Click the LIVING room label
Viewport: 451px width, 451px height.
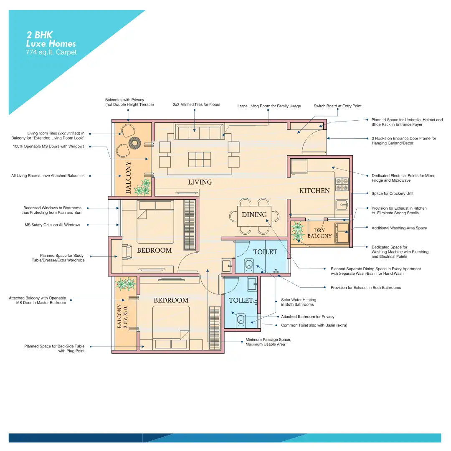pos(200,182)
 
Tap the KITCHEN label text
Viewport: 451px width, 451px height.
pos(314,191)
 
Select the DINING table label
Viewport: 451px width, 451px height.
pos(254,215)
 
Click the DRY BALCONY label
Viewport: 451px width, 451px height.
pos(319,233)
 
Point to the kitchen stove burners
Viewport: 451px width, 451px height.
pos(342,185)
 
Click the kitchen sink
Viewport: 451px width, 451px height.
pos(342,205)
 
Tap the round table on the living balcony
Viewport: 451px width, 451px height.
pos(134,143)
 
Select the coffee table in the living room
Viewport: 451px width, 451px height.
pos(199,160)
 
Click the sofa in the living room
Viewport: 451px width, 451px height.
pos(199,132)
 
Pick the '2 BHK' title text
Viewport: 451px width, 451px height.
pos(39,35)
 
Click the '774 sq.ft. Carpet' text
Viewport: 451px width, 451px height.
pos(51,52)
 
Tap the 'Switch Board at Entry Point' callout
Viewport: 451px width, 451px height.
pos(337,106)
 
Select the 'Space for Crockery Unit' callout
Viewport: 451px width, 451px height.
pos(392,194)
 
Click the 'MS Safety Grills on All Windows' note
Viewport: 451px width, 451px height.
pos(52,225)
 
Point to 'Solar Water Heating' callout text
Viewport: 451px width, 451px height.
pos(299,300)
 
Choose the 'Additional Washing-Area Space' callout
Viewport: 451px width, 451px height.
pos(399,228)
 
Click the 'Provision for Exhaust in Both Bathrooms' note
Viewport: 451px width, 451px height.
pos(365,288)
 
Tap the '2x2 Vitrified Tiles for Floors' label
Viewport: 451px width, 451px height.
pos(196,104)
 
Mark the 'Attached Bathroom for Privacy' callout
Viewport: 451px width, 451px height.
pos(307,317)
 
